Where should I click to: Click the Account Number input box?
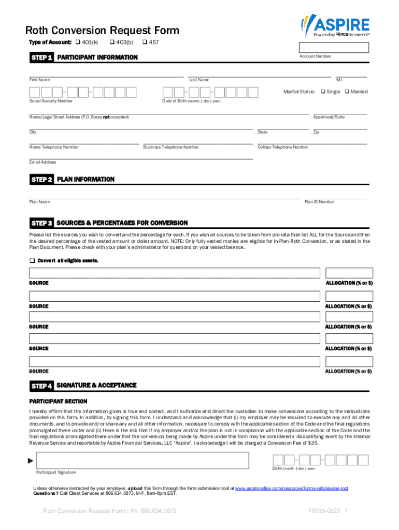[334, 48]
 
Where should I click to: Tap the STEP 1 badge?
[41, 58]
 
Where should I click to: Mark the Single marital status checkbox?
[323, 92]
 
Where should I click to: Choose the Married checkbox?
[347, 92]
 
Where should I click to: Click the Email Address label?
[42, 162]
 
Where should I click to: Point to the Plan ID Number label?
[319, 202]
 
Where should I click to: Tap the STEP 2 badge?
[41, 180]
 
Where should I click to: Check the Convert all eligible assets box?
[32, 260]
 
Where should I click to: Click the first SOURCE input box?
[175, 273]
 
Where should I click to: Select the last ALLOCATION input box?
[348, 362]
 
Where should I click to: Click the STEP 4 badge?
[41, 386]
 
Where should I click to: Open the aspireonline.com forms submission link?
[292, 488]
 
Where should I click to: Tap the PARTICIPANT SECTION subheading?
[58, 402]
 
